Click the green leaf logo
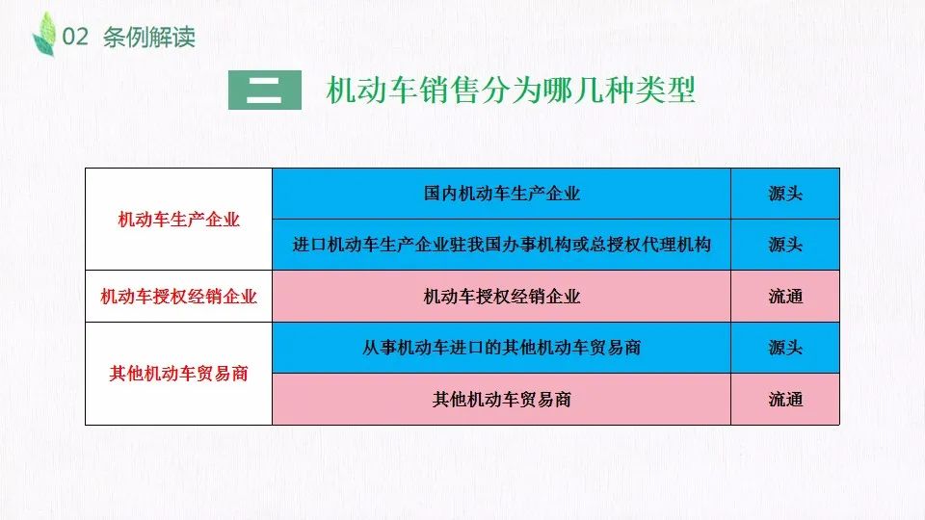click(x=45, y=35)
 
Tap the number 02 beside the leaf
click(x=75, y=38)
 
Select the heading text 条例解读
click(x=148, y=38)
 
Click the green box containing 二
click(x=265, y=91)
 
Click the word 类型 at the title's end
click(x=666, y=91)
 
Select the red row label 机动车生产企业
click(x=179, y=220)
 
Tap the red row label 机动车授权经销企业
click(x=179, y=296)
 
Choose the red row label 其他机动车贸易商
click(x=179, y=374)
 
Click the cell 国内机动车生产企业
click(x=501, y=194)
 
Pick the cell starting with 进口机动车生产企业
click(x=501, y=245)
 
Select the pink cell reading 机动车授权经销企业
click(x=501, y=296)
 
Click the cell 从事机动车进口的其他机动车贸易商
click(x=501, y=348)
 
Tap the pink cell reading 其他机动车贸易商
click(x=501, y=399)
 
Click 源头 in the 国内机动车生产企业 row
click(x=785, y=194)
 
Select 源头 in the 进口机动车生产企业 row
click(x=785, y=245)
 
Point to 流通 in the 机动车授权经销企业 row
click(x=785, y=296)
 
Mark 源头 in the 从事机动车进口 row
click(x=785, y=348)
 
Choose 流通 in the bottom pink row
click(x=785, y=399)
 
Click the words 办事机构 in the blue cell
click(x=537, y=245)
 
